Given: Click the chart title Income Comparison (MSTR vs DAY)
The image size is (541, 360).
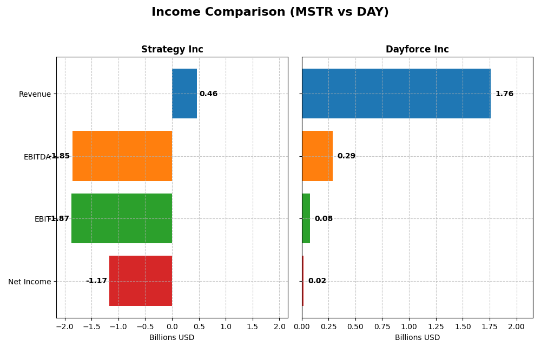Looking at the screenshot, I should (270, 12).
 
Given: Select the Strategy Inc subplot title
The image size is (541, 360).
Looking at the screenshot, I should (172, 49).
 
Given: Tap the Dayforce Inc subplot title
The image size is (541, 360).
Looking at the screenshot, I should (417, 49).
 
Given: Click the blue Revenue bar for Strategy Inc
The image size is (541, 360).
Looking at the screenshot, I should (184, 94).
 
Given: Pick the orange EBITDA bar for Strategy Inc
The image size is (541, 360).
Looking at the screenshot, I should (122, 156).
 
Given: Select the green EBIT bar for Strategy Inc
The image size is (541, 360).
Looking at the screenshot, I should (122, 218).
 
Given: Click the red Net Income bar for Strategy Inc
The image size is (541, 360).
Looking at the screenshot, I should (141, 281).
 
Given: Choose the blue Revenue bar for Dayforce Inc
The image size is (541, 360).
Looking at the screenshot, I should (396, 94).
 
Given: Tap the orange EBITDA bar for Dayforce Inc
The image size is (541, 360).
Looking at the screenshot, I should (317, 156).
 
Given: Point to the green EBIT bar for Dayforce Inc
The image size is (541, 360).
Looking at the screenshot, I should (306, 218).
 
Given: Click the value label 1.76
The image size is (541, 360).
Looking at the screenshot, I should (504, 94).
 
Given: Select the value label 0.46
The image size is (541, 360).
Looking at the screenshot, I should (208, 94).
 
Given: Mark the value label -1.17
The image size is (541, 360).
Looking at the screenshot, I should (96, 281).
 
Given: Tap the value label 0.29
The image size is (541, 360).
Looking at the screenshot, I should (346, 156).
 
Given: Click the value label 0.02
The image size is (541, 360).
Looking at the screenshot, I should (317, 281).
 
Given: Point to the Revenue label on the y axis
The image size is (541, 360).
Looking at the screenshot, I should (35, 94).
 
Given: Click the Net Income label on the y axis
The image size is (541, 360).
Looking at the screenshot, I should (30, 282).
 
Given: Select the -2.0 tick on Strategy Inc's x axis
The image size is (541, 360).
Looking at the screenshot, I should (65, 327).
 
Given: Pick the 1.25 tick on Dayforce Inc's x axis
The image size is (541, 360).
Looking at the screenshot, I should (436, 327).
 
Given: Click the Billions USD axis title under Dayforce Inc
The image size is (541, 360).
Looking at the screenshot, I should (417, 338).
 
